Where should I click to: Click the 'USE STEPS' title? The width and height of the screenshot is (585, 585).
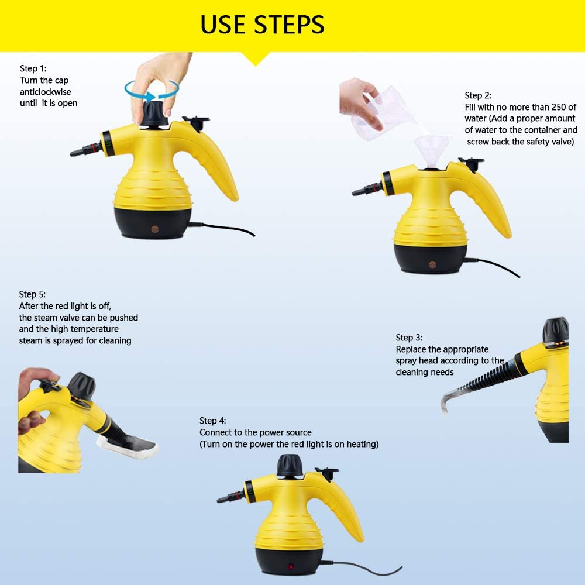(x=262, y=25)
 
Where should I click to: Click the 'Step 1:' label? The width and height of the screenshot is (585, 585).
(x=33, y=68)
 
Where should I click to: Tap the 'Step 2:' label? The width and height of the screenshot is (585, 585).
(x=478, y=95)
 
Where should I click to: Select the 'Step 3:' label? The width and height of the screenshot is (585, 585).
(x=409, y=338)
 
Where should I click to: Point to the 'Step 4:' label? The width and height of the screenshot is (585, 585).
(x=213, y=421)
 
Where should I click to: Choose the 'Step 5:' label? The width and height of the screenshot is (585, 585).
(x=32, y=294)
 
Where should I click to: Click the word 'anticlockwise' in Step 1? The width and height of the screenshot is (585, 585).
(x=46, y=92)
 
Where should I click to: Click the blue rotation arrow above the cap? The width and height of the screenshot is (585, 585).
(x=152, y=91)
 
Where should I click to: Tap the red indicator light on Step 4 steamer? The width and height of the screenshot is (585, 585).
(x=291, y=567)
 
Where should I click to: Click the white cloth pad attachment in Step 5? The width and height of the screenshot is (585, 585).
(x=127, y=446)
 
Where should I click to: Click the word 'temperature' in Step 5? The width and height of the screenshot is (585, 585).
(x=95, y=329)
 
